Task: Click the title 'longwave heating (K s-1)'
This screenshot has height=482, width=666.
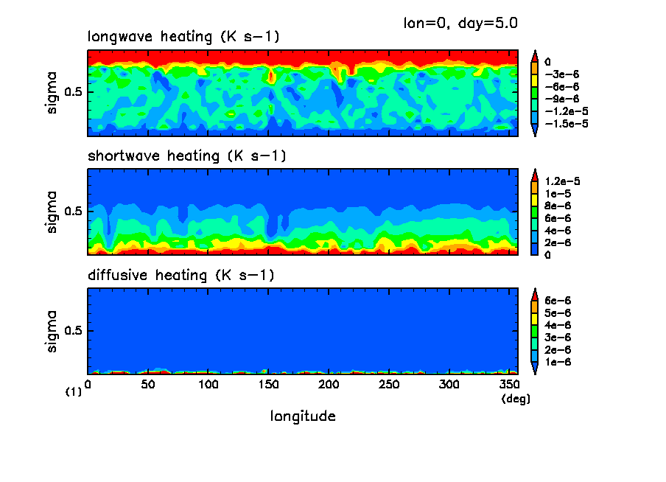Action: click(x=183, y=37)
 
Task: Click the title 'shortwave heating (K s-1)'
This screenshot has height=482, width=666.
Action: click(x=186, y=156)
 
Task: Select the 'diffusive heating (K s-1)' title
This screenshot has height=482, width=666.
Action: click(x=181, y=276)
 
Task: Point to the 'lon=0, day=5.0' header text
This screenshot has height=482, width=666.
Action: click(x=460, y=22)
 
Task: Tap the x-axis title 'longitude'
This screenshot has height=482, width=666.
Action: click(x=303, y=416)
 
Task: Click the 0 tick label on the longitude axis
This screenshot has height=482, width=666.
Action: click(x=88, y=385)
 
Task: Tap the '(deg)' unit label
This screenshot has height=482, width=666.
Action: click(x=516, y=399)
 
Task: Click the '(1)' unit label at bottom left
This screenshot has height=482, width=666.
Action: click(x=74, y=393)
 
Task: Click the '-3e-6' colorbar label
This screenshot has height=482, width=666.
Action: click(x=560, y=74)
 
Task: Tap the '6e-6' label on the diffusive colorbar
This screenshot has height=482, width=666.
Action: click(x=558, y=301)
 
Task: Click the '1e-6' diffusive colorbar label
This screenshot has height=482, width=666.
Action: click(x=558, y=362)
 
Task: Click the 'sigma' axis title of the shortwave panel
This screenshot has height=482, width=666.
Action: click(x=52, y=212)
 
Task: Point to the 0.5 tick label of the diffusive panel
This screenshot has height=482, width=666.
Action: click(x=75, y=331)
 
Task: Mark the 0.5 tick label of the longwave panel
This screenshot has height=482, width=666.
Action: click(x=75, y=92)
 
